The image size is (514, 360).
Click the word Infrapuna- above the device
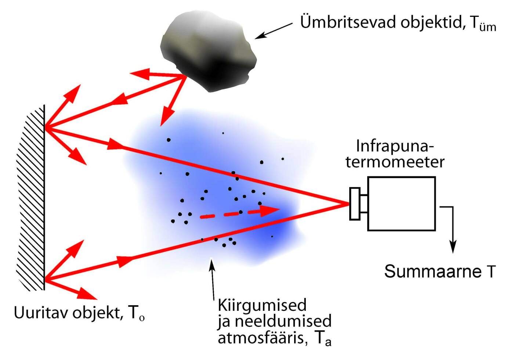coord(395,146)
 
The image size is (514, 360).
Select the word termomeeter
coord(395,162)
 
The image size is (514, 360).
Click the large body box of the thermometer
coord(401,204)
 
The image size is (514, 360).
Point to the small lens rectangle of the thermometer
coord(354,204)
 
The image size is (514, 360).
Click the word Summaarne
coord(432,272)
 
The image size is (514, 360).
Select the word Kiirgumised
coord(262,305)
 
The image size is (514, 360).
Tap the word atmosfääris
coord(263,337)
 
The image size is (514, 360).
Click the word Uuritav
coord(41,313)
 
